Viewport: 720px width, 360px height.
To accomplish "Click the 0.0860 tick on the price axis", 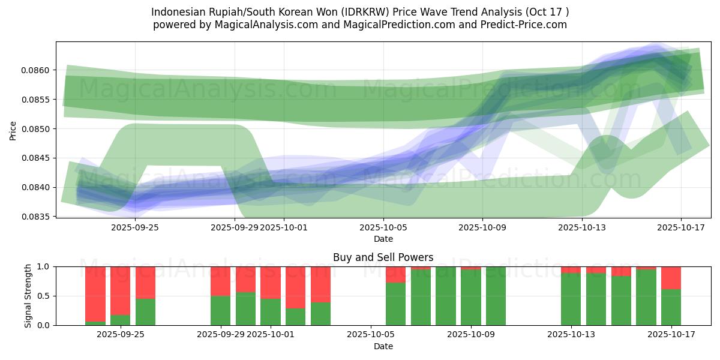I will tap(36, 70).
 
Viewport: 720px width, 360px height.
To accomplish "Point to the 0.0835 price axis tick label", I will tap(36, 217).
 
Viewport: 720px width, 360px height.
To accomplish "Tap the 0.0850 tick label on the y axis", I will tap(36, 129).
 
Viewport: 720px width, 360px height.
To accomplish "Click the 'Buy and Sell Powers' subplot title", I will tap(383, 257).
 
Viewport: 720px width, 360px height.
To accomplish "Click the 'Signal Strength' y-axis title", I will tap(27, 296).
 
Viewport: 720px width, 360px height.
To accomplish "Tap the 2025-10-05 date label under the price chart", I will tap(383, 227).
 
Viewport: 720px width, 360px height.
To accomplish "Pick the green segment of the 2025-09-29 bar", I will tap(220, 310).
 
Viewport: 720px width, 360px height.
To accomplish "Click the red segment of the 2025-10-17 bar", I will tap(671, 278).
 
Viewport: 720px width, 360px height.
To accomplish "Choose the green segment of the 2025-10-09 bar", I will tap(470, 297).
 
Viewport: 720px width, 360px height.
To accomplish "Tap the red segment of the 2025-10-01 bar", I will tap(271, 282).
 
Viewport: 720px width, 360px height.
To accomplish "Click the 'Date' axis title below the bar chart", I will tap(383, 346).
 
